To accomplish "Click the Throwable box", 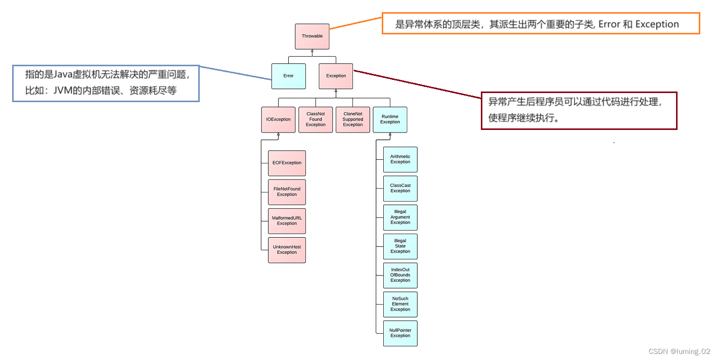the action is coord(312,36).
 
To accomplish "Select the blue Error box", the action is coord(289,76).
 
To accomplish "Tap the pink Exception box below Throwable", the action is coord(336,76).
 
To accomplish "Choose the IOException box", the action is coord(278,119).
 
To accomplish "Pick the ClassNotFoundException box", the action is coord(316,119).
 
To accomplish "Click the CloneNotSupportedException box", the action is coord(353,119).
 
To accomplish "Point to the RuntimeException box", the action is coord(390,119).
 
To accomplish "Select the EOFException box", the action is coord(287,163).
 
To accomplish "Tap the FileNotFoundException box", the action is coord(287,192).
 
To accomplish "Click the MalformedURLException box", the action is coord(287,221).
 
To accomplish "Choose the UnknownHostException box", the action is coord(287,250).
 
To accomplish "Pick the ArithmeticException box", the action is coord(400,160).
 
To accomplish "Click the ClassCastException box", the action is coord(400,189).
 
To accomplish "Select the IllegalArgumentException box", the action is coord(400,217).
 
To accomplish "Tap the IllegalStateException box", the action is coord(400,247).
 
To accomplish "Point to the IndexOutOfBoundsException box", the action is coord(400,276).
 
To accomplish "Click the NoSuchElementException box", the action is coord(400,304).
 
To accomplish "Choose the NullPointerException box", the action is coord(400,333).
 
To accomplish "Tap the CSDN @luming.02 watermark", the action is coord(679,351).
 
